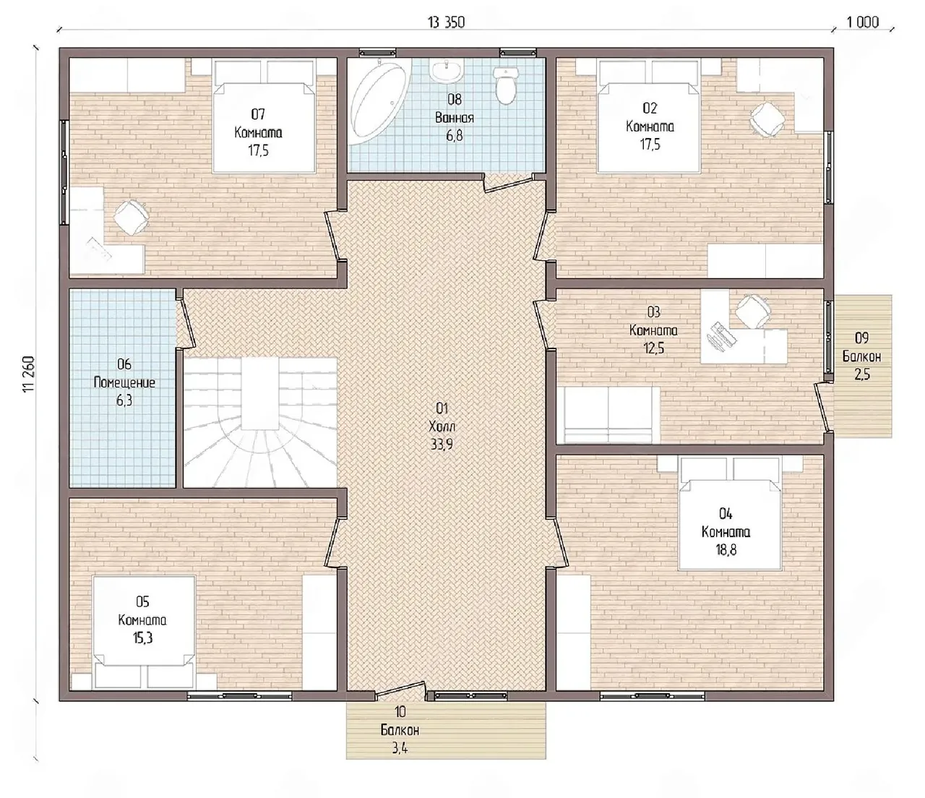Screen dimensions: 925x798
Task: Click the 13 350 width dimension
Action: (446, 22)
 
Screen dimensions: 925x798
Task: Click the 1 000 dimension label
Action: (862, 22)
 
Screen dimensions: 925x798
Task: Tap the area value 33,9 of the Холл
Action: (442, 445)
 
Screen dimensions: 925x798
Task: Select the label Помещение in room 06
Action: (124, 382)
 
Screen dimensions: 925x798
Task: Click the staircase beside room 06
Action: (260, 422)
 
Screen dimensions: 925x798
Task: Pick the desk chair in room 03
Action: (754, 311)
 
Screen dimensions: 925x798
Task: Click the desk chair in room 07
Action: (131, 218)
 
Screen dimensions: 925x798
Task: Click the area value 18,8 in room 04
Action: (726, 550)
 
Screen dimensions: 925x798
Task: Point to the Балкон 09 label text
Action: (862, 356)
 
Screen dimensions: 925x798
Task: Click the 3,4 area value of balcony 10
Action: (400, 748)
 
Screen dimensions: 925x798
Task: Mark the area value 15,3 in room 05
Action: (142, 638)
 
